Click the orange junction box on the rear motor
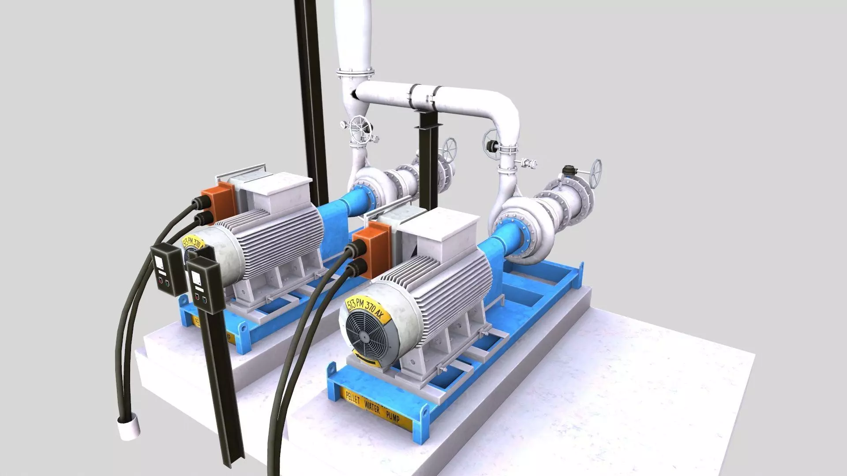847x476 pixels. (218, 205)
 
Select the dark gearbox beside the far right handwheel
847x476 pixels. (571, 170)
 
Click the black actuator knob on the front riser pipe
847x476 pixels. (490, 145)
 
